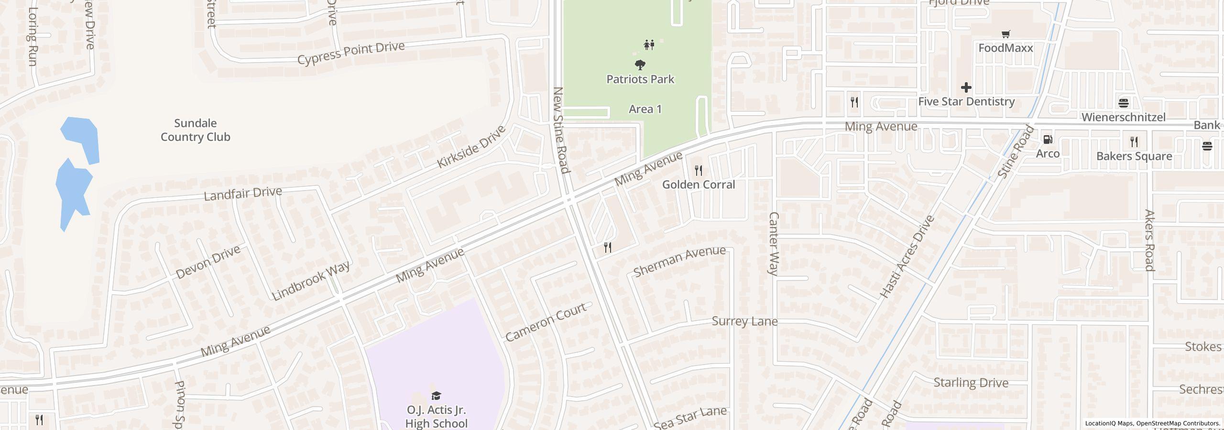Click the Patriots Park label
point(640,79)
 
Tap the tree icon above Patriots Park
point(640,64)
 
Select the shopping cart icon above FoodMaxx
point(1005,34)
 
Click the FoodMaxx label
point(1005,48)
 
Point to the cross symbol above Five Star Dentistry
point(966,87)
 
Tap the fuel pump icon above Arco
point(1048,140)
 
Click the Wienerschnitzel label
point(1123,117)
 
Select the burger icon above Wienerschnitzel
point(1124,103)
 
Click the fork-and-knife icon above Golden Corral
point(699,170)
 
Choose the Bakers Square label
point(1134,156)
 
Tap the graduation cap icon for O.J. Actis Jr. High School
point(436,396)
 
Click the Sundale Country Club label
point(195,130)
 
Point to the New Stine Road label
point(561,130)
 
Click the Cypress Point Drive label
point(351,53)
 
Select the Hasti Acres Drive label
point(907,257)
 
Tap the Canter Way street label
point(773,244)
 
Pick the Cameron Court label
point(545,322)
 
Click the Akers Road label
point(1149,240)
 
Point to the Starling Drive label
point(971,383)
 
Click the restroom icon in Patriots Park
point(649,45)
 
